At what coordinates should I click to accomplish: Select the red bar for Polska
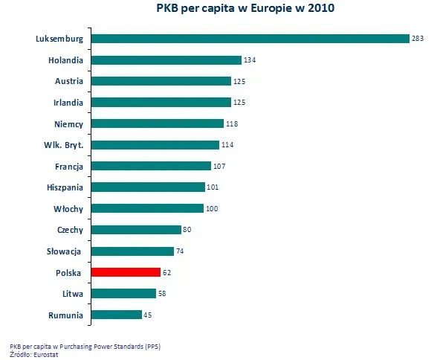point(126,272)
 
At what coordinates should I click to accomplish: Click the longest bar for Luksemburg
point(250,39)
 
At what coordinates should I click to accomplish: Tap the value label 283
point(417,39)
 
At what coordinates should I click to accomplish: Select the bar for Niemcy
point(157,123)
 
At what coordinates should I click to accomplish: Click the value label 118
point(231,123)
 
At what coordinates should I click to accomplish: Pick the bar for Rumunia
point(116,315)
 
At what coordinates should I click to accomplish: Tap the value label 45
point(148,315)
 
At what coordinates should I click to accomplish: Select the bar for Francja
point(151,166)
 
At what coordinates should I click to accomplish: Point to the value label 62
point(166,272)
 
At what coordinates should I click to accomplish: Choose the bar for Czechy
point(136,230)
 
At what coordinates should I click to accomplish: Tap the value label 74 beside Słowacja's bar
point(180,251)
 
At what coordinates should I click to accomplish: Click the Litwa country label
point(71,293)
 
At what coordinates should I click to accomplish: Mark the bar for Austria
point(161,81)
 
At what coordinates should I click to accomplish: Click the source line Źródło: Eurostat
point(34,353)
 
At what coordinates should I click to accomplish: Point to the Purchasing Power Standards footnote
point(85,346)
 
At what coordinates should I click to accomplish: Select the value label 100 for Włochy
point(212,209)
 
